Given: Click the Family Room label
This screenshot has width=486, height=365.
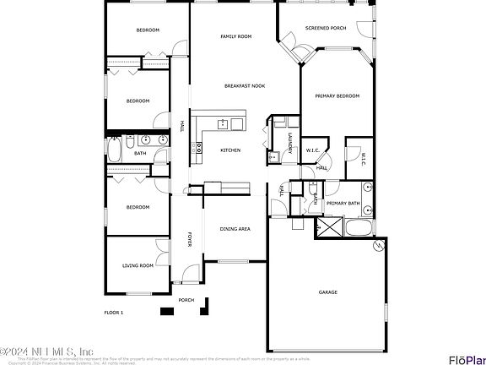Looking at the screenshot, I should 236,37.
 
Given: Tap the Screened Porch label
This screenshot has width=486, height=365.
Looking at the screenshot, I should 325,28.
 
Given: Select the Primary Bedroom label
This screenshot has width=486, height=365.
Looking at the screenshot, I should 337,96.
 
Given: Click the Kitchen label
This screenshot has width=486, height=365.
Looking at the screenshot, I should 230,150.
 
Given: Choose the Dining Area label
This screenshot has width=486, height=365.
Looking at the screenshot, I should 235,229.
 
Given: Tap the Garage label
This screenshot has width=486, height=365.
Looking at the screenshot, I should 327,292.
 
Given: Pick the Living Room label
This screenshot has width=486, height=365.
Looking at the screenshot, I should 138,265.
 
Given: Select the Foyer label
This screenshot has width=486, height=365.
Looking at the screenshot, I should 190,240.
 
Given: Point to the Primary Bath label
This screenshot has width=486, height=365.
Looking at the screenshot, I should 343,204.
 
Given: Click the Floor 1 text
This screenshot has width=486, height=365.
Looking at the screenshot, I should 114,313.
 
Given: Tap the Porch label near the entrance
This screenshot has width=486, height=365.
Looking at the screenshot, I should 186,300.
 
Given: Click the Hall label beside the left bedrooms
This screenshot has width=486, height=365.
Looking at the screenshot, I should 182,127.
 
